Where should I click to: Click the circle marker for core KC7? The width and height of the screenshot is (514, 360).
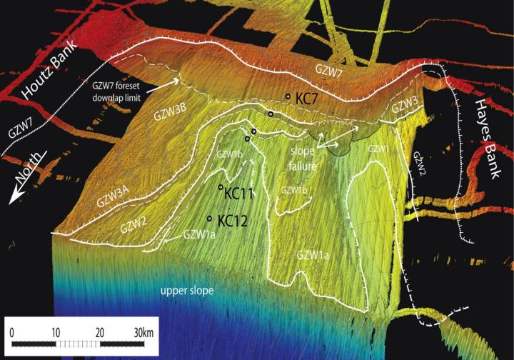[288, 96]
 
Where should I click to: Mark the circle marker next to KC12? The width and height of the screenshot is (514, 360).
[209, 219]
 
